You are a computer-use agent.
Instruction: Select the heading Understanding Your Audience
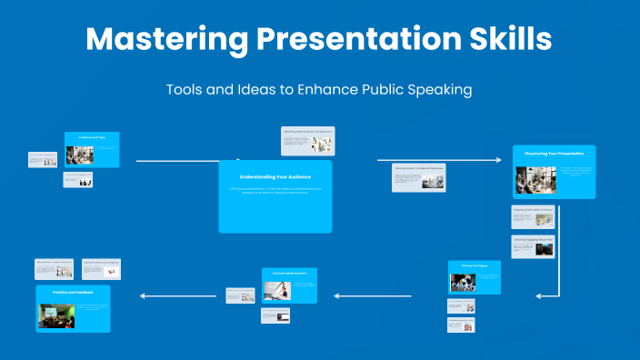click(275, 175)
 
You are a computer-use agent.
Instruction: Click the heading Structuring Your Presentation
click(554, 154)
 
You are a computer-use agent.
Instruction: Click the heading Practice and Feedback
click(67, 291)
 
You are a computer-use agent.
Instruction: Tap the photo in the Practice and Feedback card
click(55, 315)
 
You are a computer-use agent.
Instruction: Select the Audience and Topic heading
click(92, 136)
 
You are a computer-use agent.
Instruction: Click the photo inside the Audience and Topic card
click(80, 155)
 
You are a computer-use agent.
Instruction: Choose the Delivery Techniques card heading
click(474, 265)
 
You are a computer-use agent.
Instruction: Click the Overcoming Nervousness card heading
click(289, 272)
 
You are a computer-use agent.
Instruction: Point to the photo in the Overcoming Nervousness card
click(277, 290)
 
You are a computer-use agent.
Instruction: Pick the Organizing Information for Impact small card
click(533, 217)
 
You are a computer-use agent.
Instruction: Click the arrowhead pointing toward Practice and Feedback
click(143, 295)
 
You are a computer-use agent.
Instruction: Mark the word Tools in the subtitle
click(185, 90)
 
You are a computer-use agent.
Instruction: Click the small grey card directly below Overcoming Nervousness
click(275, 316)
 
